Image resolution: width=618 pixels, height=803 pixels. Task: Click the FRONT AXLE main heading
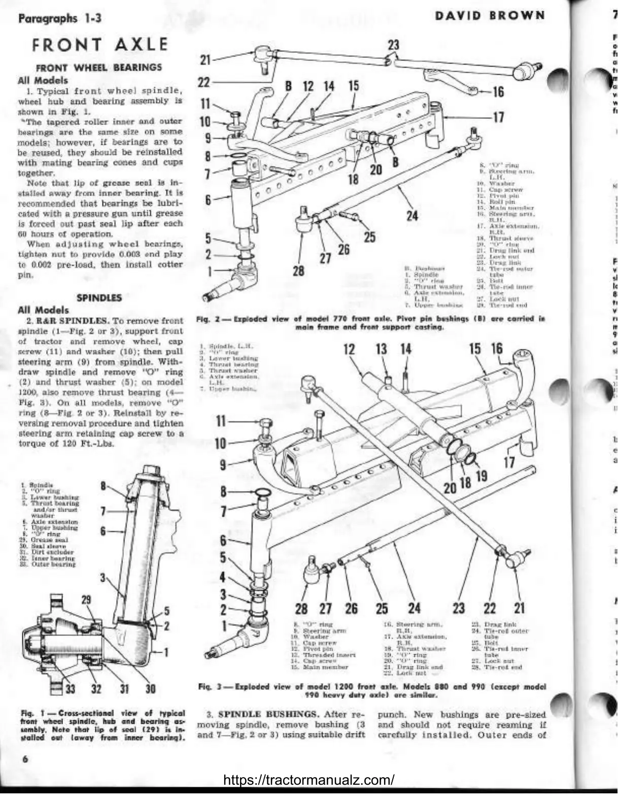[99, 44]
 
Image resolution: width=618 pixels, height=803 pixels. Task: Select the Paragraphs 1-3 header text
[60, 19]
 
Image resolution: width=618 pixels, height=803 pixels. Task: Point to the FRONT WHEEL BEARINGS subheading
[99, 67]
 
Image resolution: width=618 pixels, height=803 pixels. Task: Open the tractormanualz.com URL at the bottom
[308, 780]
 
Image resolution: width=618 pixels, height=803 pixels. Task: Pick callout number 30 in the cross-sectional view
[151, 689]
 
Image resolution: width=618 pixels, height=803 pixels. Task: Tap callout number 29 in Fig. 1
[86, 600]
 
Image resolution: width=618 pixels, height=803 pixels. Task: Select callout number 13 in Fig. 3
[381, 349]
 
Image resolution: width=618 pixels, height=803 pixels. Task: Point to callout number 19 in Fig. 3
[481, 475]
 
